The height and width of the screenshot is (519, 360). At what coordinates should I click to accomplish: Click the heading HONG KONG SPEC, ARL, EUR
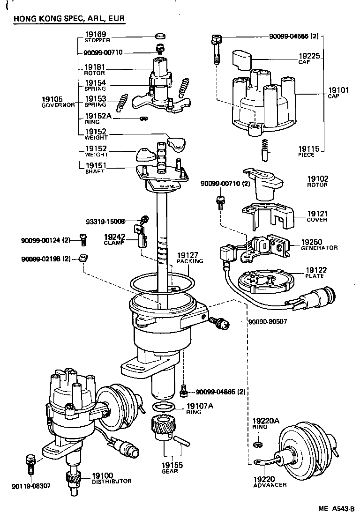pos(69,19)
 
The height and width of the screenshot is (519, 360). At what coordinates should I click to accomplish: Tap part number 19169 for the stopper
pos(95,34)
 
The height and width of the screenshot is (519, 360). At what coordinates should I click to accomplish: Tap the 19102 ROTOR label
pos(317,181)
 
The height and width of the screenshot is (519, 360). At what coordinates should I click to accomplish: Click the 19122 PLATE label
pos(316,273)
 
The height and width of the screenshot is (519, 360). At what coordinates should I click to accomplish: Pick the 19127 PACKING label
pos(190,258)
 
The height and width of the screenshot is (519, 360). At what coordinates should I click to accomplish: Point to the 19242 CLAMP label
pos(114,240)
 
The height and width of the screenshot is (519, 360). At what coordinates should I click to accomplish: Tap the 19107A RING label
pos(199,408)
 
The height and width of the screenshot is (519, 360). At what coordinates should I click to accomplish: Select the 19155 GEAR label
pos(172,468)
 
